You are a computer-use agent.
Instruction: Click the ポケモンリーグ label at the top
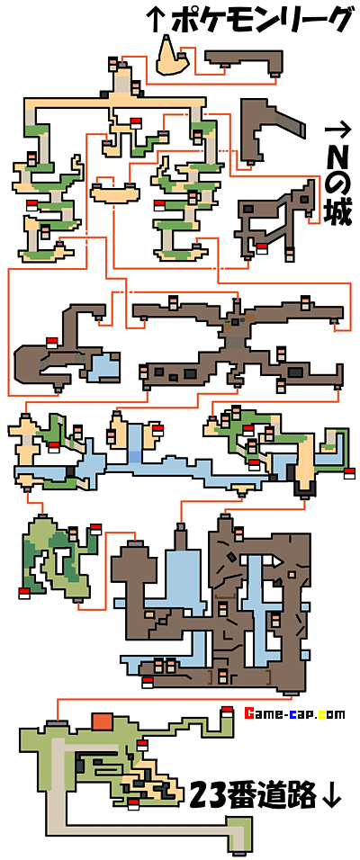tap(260, 22)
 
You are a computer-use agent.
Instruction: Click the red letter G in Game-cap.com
tap(249, 714)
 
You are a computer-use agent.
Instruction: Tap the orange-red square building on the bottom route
tap(102, 721)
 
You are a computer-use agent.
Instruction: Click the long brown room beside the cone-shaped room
tap(244, 59)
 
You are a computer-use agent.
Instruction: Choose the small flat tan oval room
tap(114, 193)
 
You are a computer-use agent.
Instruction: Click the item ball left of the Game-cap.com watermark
tap(227, 712)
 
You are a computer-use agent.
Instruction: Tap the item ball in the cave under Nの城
tap(262, 248)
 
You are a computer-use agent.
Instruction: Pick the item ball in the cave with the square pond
tap(51, 342)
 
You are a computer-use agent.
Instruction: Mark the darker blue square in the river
tap(134, 456)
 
